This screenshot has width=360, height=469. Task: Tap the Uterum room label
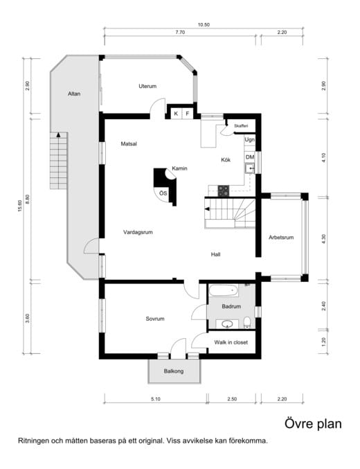(147, 87)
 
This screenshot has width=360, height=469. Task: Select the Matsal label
(129, 144)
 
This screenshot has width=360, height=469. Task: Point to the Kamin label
(180, 168)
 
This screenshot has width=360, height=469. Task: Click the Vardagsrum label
(138, 232)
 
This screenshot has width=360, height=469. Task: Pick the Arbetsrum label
(282, 238)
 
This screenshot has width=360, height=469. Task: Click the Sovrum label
(155, 319)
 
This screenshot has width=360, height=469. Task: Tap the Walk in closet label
(231, 342)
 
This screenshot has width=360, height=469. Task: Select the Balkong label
(174, 372)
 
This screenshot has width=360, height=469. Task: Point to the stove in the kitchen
(224, 189)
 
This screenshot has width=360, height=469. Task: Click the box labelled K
(176, 113)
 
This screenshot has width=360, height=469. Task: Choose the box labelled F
(187, 113)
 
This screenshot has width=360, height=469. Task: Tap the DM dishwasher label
(250, 157)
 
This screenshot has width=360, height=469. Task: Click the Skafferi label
(241, 125)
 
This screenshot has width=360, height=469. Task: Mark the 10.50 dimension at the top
(203, 25)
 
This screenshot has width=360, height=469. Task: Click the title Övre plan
(313, 423)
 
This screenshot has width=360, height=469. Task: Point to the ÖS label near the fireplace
(163, 193)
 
